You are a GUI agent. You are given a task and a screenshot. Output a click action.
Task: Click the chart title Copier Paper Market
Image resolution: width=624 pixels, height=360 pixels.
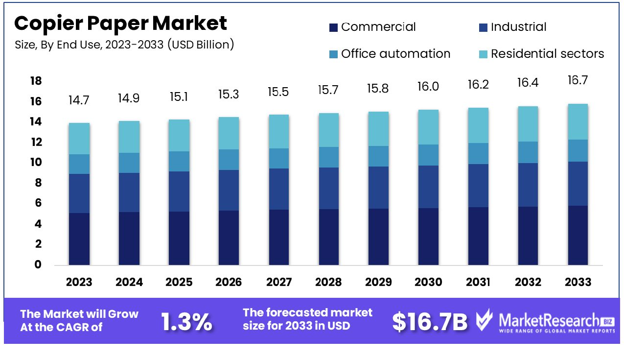coord(120,24)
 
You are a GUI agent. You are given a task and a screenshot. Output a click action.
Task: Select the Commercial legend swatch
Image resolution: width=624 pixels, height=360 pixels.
coord(333,27)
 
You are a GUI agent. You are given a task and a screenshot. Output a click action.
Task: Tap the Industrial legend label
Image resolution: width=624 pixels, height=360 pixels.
coord(518,27)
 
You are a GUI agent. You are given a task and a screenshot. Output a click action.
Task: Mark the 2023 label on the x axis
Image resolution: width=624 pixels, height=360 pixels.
coord(79,282)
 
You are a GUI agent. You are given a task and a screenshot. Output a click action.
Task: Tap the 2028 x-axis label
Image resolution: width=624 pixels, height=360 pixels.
coord(328,282)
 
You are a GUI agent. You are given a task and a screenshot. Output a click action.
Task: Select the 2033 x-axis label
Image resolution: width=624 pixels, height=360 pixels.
coord(578,282)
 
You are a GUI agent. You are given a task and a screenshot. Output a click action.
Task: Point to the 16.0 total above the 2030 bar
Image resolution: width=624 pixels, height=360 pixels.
coord(428,87)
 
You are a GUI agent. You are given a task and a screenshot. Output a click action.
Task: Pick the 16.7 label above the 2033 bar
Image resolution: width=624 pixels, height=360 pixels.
coord(578,80)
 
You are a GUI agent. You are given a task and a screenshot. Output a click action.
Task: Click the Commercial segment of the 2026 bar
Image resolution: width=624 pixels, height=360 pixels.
coord(229,238)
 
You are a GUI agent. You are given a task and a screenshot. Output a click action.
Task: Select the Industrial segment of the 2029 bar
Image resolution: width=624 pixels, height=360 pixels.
coord(378,188)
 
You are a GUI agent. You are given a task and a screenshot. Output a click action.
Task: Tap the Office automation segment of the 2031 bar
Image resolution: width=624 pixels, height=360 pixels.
coord(478,153)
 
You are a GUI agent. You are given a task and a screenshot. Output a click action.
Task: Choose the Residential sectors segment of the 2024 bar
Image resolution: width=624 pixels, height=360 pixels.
coord(129,137)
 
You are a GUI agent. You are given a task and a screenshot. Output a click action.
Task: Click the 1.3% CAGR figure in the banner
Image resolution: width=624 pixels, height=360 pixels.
coord(186,321)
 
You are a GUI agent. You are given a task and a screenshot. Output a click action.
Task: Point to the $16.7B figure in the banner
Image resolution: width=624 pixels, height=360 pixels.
coord(430,321)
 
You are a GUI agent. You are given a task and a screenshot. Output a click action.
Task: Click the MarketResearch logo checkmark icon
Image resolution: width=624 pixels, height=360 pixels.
coord(484,321)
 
